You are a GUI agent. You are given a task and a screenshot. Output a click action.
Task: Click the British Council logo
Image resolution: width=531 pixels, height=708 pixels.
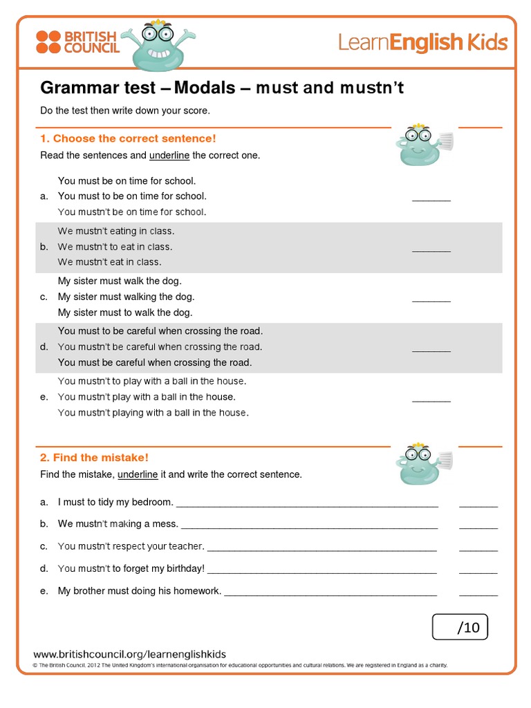tap(77, 41)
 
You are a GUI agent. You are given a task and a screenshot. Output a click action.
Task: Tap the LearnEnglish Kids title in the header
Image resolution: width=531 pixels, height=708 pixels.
tap(422, 43)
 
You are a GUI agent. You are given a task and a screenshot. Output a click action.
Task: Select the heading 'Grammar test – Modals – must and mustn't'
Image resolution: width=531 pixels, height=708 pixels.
tap(221, 88)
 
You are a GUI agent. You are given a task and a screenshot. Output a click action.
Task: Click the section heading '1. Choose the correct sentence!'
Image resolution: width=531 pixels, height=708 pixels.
tap(128, 138)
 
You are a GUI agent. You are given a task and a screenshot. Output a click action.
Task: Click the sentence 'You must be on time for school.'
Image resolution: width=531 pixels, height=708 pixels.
tap(122, 180)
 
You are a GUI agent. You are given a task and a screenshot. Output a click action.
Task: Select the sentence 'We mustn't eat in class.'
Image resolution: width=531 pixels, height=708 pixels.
tap(109, 262)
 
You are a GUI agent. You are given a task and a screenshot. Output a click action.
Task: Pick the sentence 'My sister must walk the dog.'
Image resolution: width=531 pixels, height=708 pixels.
tap(120, 281)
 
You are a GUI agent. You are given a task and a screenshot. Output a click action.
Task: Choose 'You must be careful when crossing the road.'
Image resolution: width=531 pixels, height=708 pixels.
tap(155, 362)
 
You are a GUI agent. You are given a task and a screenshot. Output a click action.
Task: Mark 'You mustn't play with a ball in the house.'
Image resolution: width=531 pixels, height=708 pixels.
tap(147, 397)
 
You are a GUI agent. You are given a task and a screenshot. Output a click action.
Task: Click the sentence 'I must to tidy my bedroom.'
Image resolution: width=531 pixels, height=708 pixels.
tap(115, 502)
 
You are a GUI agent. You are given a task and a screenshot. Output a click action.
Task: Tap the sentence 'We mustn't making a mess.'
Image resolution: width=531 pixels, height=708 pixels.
tap(118, 524)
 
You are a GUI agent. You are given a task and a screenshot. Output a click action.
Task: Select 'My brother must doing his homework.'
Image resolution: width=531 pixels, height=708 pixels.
tap(140, 591)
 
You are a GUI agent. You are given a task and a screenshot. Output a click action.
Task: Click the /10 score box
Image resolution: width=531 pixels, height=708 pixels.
tap(460, 627)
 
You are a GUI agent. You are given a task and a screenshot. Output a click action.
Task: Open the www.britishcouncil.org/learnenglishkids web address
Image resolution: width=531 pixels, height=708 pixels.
tap(130, 654)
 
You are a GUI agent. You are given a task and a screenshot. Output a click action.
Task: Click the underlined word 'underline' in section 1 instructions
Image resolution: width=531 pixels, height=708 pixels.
tap(169, 155)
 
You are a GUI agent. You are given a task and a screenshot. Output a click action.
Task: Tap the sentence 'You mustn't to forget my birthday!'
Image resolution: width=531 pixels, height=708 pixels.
tap(131, 569)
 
